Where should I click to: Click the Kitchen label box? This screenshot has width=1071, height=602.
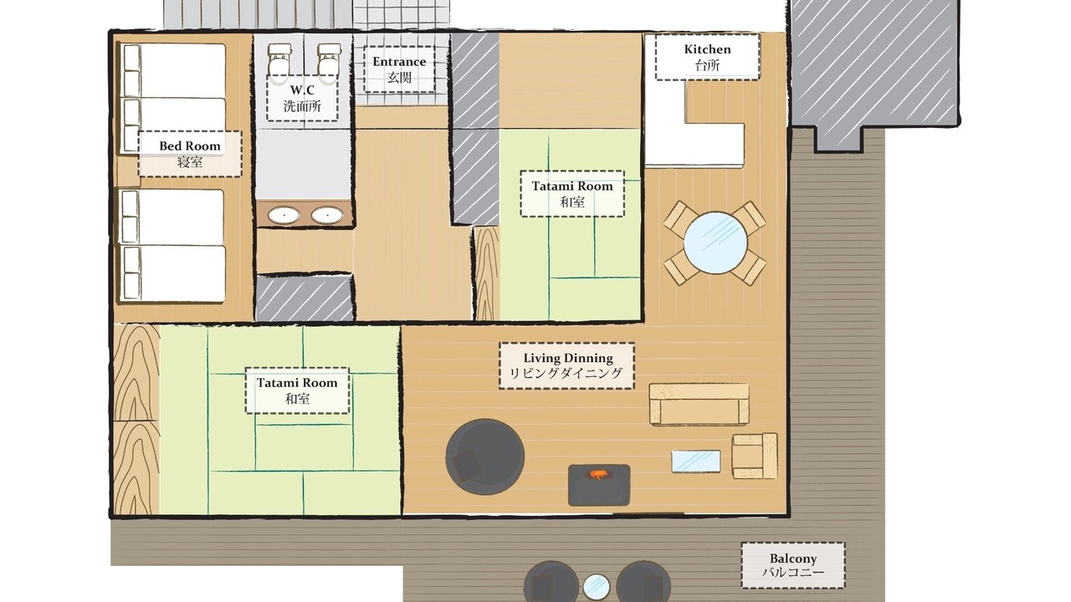[x=707, y=57]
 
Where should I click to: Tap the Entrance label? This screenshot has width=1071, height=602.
[x=399, y=69]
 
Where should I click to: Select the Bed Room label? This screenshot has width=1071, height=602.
[x=190, y=154]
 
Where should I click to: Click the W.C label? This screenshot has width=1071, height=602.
[x=302, y=98]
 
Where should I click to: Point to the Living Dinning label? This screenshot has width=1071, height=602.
[x=566, y=365]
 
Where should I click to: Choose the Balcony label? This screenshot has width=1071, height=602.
[x=793, y=565]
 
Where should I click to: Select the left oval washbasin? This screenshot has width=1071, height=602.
[x=284, y=215]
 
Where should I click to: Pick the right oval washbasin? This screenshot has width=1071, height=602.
[x=327, y=215]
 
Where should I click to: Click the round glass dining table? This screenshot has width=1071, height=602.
[x=715, y=243]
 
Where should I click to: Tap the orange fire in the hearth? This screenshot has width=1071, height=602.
[x=597, y=474]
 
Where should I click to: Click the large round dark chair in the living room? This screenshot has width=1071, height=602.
[x=484, y=457]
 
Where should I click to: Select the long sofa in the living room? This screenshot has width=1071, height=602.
[x=699, y=404]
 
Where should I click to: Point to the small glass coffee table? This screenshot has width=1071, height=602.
[x=695, y=461]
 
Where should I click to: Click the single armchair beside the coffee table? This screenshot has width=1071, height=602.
[x=755, y=456]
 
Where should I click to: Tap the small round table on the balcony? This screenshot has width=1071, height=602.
[x=597, y=587]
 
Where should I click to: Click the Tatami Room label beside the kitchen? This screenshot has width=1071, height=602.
[x=572, y=193]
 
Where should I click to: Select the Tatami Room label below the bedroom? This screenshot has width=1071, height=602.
[x=297, y=390]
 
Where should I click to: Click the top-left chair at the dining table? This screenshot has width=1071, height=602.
[x=681, y=219]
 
